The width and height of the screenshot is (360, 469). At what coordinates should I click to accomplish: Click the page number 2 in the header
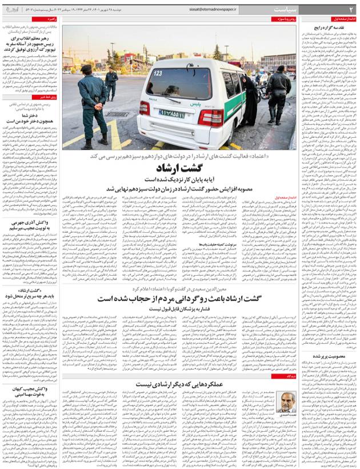click(x=350, y=10)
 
